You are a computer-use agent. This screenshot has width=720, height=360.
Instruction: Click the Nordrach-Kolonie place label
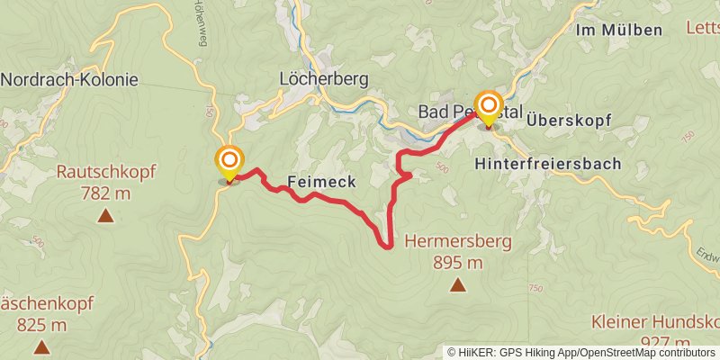click(x=69, y=79)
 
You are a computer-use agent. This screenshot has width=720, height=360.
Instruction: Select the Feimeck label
click(x=321, y=182)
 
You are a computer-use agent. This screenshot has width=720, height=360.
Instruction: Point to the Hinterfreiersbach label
click(x=548, y=164)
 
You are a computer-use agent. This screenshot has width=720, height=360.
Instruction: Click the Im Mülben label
click(x=618, y=30)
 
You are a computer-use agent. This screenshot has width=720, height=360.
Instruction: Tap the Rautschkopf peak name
click(x=105, y=172)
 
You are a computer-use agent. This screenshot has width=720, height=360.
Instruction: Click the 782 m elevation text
click(x=105, y=193)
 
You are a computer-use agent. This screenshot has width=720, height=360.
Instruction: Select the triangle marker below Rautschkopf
click(x=105, y=215)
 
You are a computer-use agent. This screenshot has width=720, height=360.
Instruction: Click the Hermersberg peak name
click(x=458, y=241)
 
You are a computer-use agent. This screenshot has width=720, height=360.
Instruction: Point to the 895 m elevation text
click(x=458, y=263)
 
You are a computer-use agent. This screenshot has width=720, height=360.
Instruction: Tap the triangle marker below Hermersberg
click(x=458, y=285)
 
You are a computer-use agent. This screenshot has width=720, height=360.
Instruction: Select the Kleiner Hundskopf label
click(x=654, y=321)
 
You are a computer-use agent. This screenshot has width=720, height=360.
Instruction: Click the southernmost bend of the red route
click(x=386, y=246)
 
